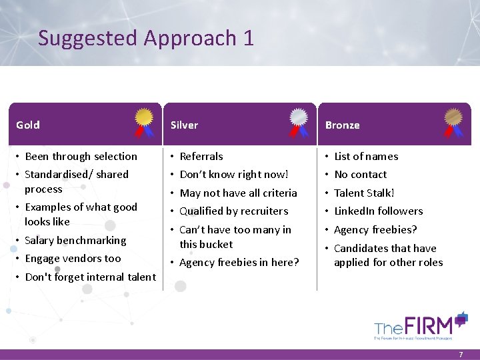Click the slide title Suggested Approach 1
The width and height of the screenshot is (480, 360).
pos(146,38)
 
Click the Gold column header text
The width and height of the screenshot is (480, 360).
pos(28,125)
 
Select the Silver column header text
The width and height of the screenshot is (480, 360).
pos(184,125)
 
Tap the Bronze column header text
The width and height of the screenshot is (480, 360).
pos(342,125)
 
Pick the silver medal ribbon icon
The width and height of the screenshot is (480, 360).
pos(299,122)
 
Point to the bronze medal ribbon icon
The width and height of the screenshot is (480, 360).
pos(455,122)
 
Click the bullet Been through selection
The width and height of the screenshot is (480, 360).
pos(81,156)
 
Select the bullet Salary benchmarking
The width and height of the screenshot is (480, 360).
pos(75,240)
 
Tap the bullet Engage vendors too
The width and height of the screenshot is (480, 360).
pos(73,258)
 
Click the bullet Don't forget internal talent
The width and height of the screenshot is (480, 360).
pos(90,277)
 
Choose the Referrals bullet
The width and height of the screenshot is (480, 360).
pos(201,156)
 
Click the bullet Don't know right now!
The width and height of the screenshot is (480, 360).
pos(234,174)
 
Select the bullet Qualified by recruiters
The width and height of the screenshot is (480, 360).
pos(234,211)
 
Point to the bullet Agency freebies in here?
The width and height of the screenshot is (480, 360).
pos(239,262)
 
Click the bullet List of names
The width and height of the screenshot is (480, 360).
pos(366,156)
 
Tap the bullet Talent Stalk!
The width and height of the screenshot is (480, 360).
pos(364,193)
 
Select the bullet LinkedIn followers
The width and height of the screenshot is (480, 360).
pos(378,211)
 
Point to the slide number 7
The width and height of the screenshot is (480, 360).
pos(460,355)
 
